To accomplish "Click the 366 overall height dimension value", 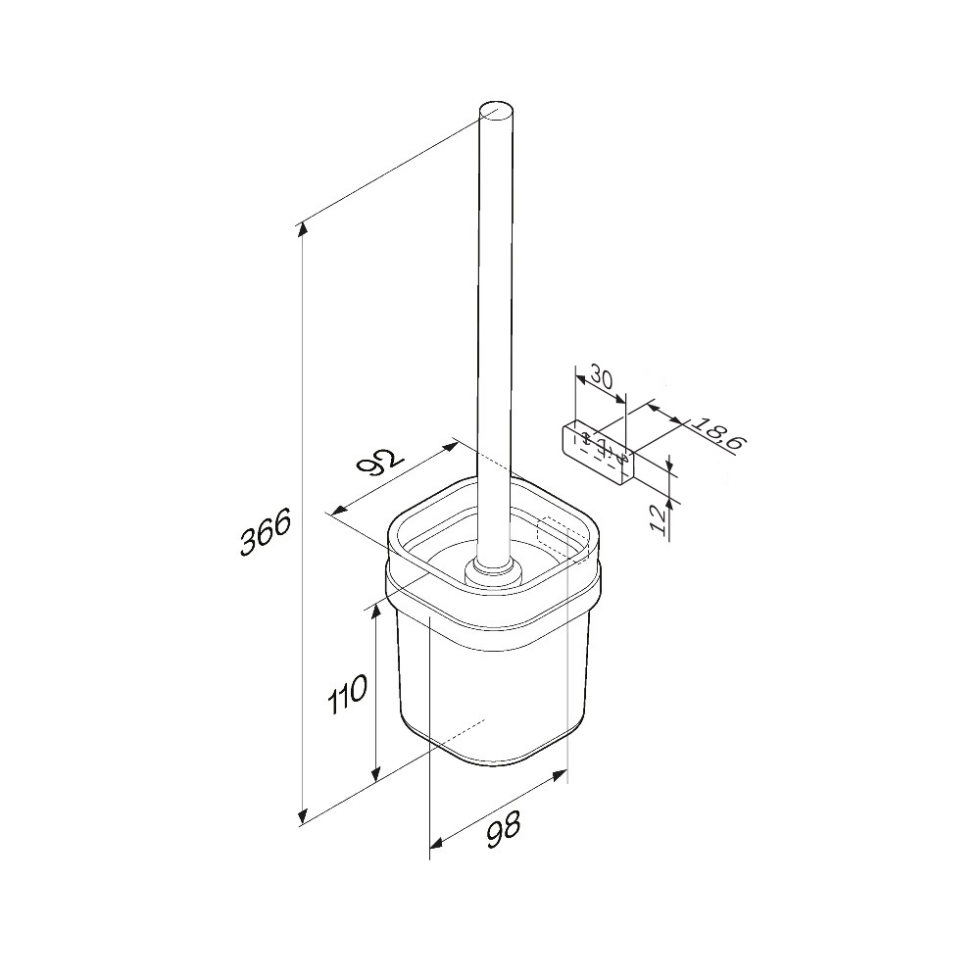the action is pos(265,532).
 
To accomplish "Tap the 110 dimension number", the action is pos(347,693).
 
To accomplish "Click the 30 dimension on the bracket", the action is pos(602,378).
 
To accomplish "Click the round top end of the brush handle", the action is pos(496,115).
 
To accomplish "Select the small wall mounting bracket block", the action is pos(598,453).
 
